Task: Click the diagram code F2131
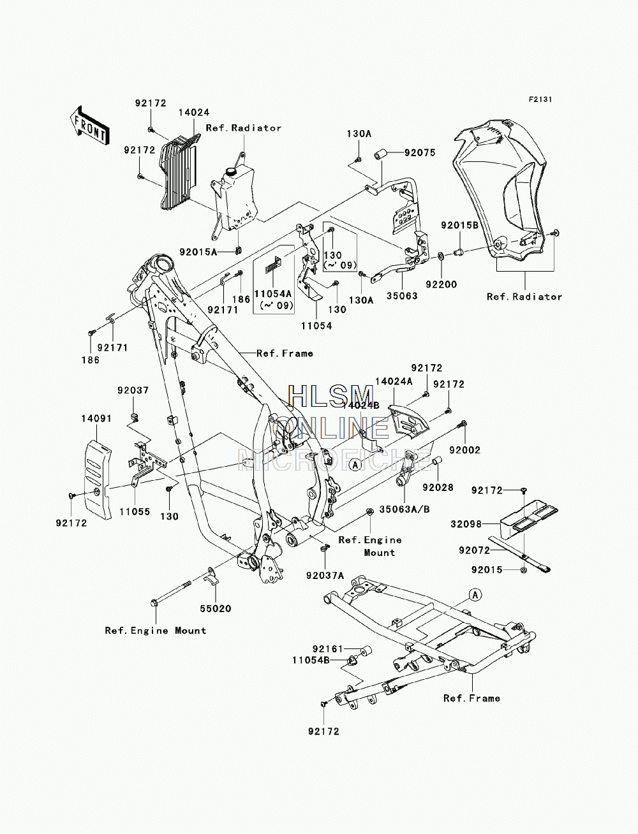(540, 99)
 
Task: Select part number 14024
(194, 112)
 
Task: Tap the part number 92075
(420, 153)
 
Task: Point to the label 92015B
(459, 225)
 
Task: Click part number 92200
(441, 284)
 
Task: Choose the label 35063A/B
(404, 509)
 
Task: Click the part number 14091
(96, 419)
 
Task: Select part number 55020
(216, 609)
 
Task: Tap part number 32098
(466, 524)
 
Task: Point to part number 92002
(464, 450)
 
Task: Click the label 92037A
(325, 576)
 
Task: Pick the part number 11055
(135, 512)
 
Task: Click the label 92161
(328, 649)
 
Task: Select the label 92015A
(198, 252)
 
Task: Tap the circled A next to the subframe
(475, 595)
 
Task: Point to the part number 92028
(438, 487)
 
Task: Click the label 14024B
(361, 406)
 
